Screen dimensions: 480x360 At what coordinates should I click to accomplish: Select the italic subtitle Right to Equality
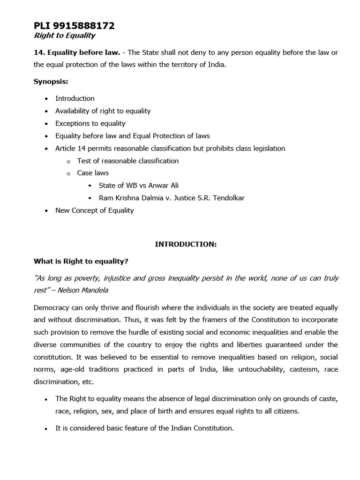[x=64, y=36]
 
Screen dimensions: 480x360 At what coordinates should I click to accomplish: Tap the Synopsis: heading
[x=51, y=82]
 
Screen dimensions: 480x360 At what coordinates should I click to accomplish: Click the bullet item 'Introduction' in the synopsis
[x=75, y=98]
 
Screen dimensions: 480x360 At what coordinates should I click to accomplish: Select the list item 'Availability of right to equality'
[x=103, y=111]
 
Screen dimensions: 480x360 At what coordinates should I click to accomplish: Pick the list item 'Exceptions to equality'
[x=90, y=123]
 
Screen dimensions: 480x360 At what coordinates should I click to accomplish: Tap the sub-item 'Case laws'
[x=93, y=173]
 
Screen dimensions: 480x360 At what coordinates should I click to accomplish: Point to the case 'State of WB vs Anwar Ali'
[x=139, y=186]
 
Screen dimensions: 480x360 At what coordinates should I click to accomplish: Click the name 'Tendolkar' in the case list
[x=228, y=198]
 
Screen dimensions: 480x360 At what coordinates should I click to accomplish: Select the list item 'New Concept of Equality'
[x=94, y=210]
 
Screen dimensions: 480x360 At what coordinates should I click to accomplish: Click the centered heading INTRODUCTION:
[x=186, y=244]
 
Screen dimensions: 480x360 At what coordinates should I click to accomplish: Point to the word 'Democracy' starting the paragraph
[x=51, y=308]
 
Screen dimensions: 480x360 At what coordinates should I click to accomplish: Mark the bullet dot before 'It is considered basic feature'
[x=46, y=429]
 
